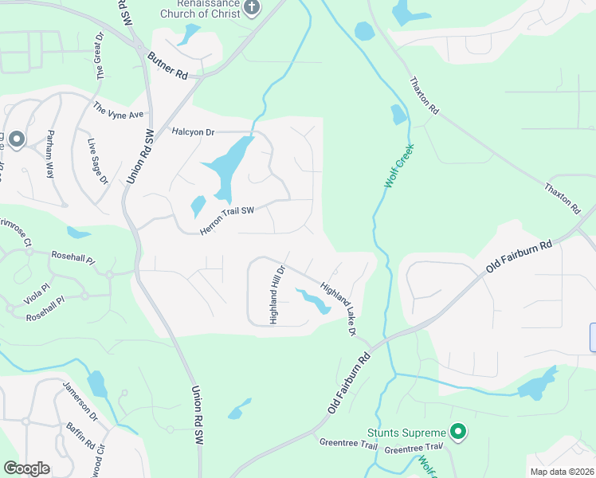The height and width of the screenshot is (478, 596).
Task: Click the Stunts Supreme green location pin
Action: point(457,433)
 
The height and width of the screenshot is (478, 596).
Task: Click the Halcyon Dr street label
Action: point(194,131)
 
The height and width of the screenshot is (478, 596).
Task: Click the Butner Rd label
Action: point(167,66)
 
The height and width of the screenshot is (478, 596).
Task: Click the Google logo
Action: point(27,468)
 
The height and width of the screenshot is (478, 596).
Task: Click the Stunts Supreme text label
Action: point(405,433)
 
